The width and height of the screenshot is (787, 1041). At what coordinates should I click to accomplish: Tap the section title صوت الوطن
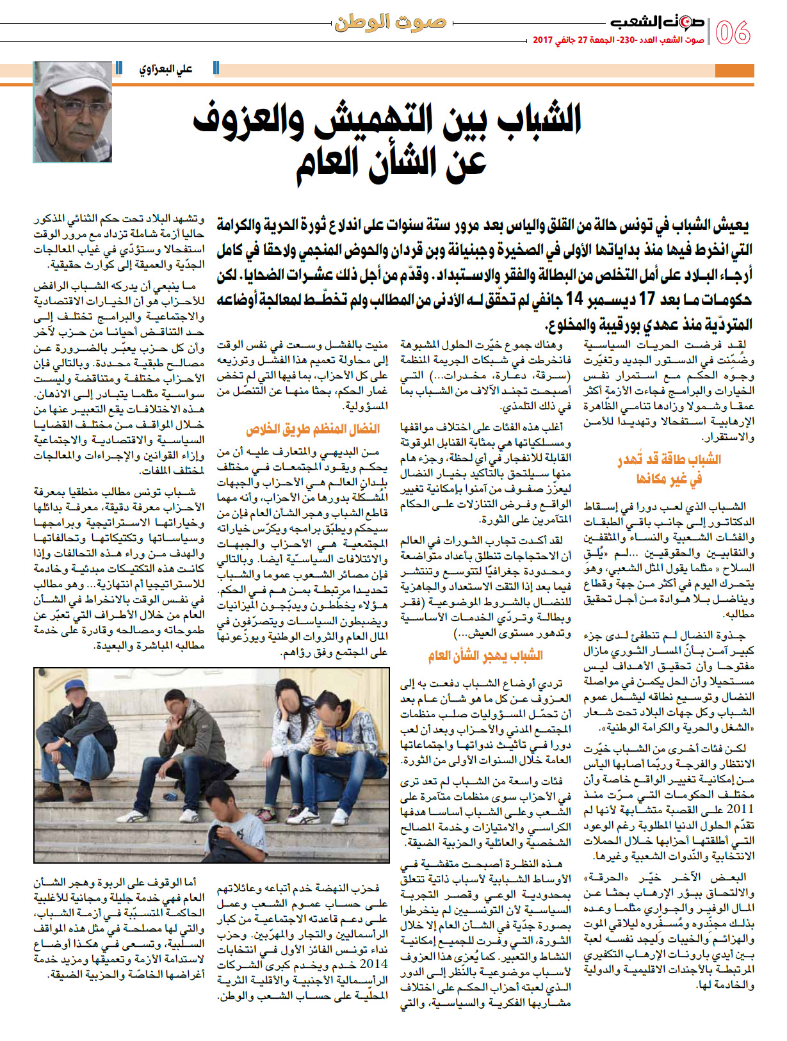pos(390,23)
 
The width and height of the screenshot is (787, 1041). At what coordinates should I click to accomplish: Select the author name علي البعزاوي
pos(166,69)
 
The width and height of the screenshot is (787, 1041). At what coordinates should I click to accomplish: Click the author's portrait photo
pos(72,111)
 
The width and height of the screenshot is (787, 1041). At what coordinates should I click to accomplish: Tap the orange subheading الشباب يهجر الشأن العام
pos(485,656)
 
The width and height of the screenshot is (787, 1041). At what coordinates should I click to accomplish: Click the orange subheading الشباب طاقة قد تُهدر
pos(669,460)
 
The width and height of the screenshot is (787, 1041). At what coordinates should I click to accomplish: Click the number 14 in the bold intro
pos(574,299)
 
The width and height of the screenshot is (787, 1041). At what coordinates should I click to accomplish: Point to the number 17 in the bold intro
pos(648,299)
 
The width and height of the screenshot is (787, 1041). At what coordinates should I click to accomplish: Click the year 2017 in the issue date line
pos(542,40)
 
